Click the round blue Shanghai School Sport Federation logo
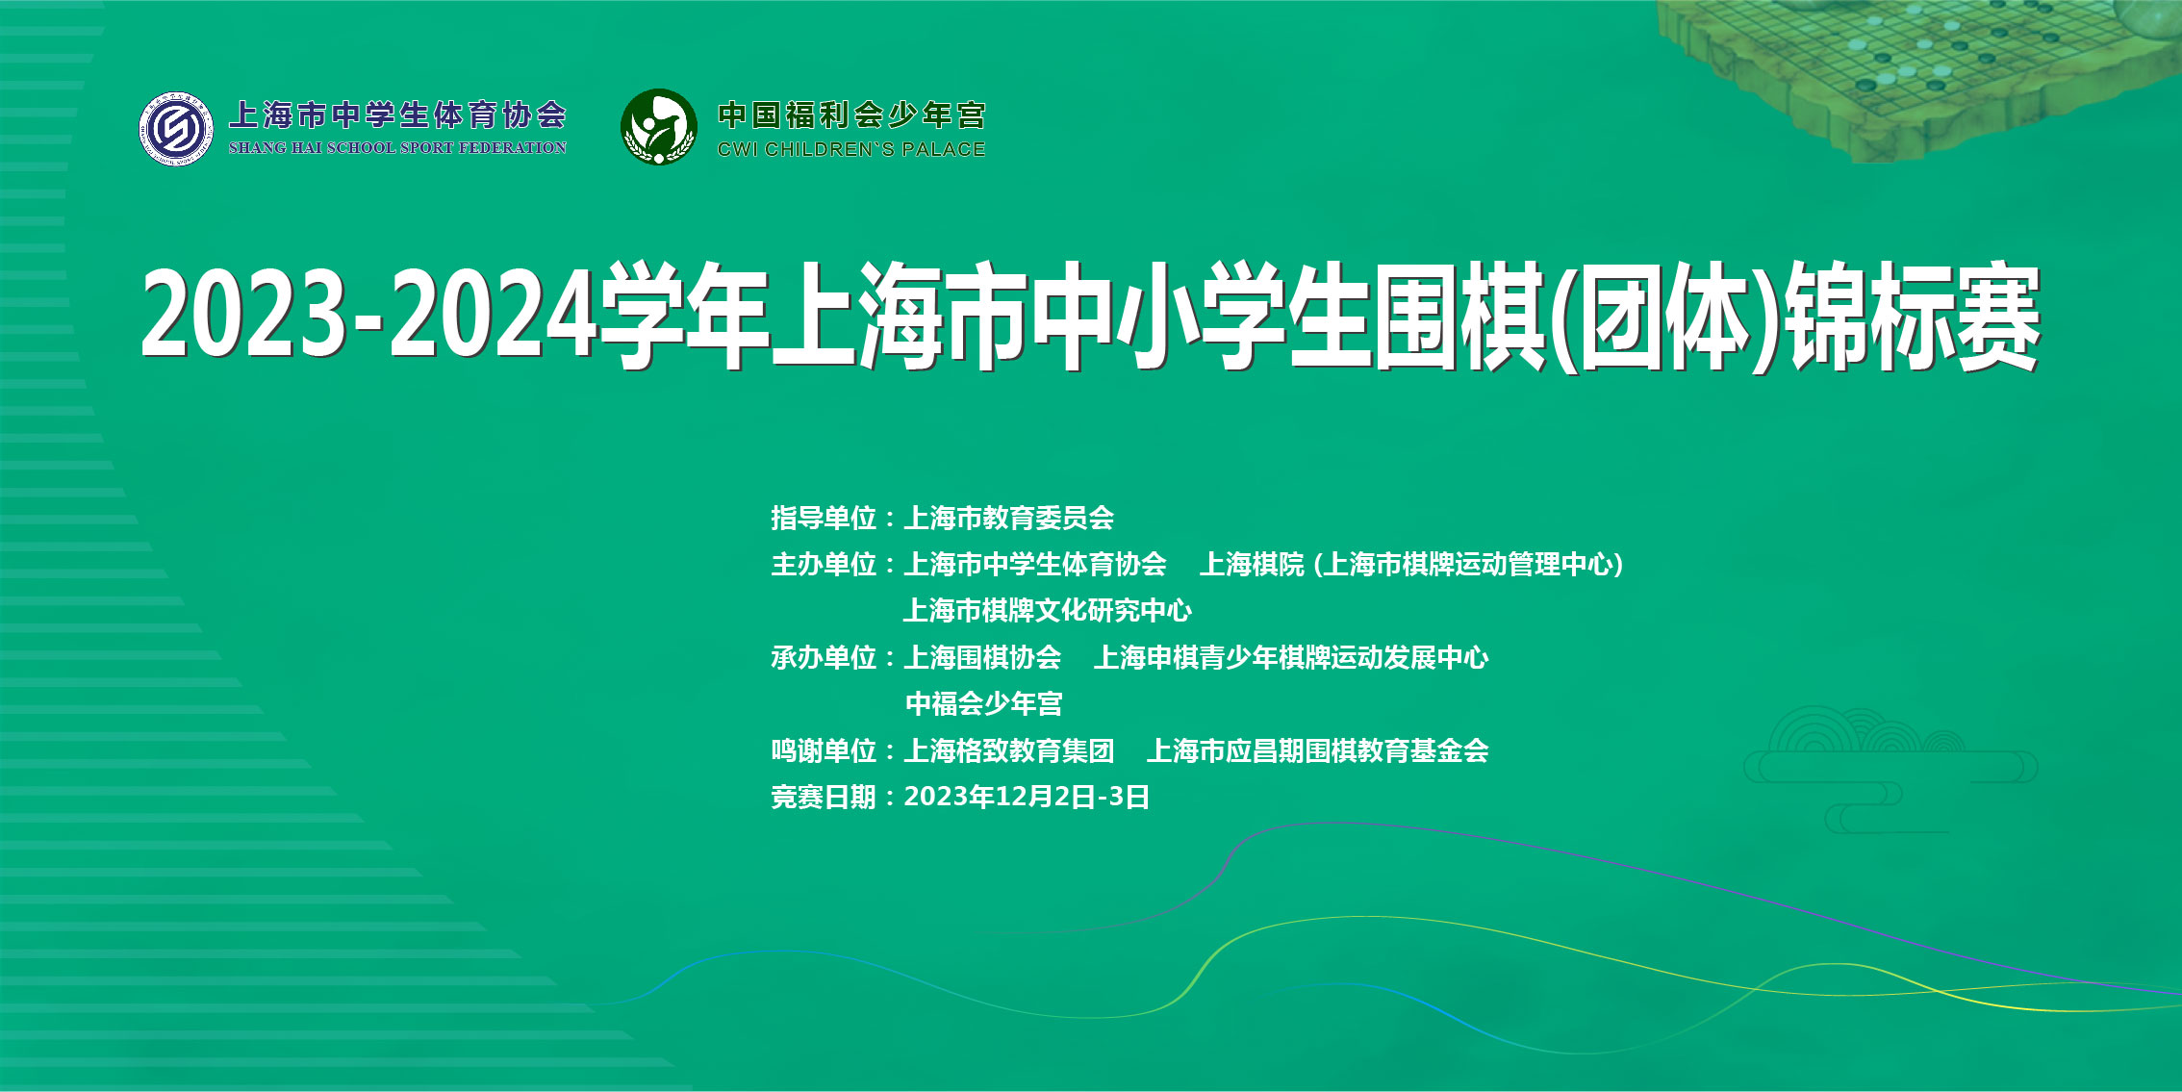(176, 129)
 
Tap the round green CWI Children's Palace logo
(659, 127)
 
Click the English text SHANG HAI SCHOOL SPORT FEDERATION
(397, 148)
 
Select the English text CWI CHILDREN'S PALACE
(851, 149)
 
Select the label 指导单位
(824, 519)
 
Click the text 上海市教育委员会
(1009, 519)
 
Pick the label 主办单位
(824, 565)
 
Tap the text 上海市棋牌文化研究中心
(1048, 611)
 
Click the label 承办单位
(824, 658)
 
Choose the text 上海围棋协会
(983, 658)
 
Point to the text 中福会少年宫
(983, 704)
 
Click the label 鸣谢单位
(824, 751)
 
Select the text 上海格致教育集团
(1009, 751)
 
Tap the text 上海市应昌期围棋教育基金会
(1318, 751)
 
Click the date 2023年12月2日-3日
(1027, 798)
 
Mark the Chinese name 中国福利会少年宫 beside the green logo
(851, 115)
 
